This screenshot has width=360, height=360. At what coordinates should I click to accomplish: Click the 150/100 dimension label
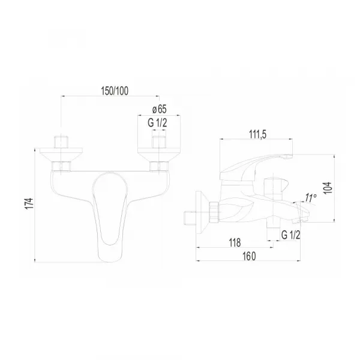(x=115, y=91)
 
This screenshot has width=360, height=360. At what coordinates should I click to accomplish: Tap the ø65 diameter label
(x=160, y=109)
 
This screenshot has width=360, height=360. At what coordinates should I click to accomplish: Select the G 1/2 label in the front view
(x=157, y=123)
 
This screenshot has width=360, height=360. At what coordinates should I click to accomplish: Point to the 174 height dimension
(x=29, y=203)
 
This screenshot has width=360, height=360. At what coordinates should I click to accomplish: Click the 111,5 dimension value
(x=258, y=134)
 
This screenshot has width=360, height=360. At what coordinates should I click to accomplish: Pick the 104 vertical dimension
(x=328, y=188)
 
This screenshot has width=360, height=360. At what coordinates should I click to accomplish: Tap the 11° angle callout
(x=311, y=197)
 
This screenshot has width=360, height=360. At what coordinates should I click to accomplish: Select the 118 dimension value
(x=235, y=242)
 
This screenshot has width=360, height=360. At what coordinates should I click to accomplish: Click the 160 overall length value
(x=249, y=256)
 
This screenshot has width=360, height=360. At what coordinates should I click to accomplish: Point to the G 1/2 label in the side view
(x=290, y=235)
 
